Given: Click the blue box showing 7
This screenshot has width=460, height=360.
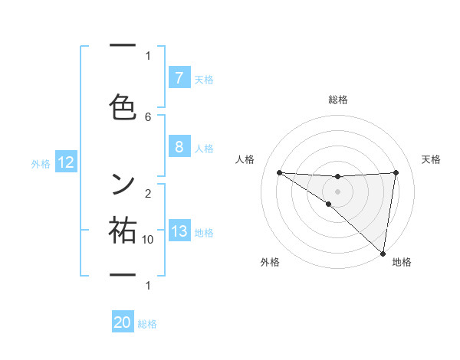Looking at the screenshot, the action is click(x=179, y=78).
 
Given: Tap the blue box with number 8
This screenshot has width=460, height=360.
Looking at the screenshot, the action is click(x=179, y=146).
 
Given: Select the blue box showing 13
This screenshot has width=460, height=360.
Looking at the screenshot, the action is click(x=179, y=232).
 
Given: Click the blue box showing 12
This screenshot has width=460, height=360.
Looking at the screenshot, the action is click(x=66, y=162).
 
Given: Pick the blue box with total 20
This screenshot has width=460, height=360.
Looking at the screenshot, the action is click(x=123, y=322).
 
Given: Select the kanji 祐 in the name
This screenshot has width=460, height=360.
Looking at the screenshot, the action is click(x=123, y=231).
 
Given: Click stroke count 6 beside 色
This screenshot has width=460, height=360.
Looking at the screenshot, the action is click(x=148, y=116).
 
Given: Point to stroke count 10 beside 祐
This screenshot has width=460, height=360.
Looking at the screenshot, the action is click(x=148, y=240).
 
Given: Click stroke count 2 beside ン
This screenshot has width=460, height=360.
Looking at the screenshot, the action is click(x=148, y=193).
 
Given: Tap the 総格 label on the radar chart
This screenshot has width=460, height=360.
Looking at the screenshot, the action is click(x=338, y=100).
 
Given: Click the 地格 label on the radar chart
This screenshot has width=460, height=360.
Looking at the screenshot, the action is click(x=402, y=262).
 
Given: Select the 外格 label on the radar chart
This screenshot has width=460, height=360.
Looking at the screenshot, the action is click(x=270, y=262).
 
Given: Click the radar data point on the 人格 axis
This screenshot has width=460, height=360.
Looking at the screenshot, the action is click(x=279, y=172).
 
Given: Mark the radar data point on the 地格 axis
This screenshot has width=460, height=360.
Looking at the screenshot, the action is click(x=383, y=253).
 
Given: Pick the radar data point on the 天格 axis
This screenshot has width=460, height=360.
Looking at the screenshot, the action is click(x=396, y=172).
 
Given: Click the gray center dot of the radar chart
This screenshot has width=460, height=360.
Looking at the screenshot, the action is click(x=337, y=191).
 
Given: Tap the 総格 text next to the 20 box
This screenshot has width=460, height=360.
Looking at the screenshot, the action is click(x=147, y=324).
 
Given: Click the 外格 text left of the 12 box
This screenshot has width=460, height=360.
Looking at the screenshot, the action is click(x=41, y=163).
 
